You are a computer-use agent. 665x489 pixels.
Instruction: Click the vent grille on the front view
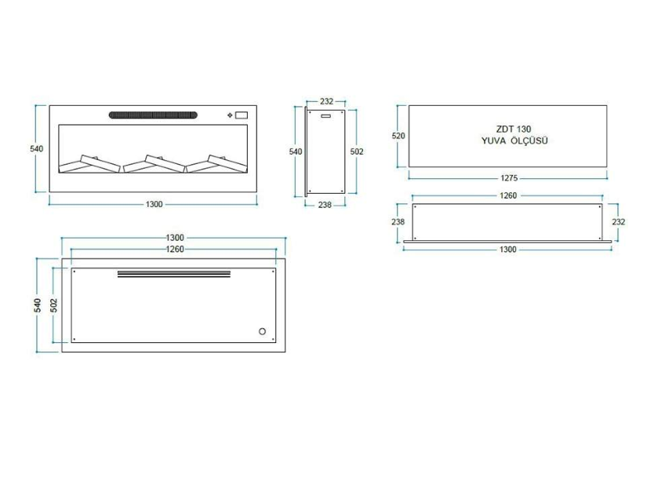coord(154,115)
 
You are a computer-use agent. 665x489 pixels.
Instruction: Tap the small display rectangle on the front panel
coord(241,115)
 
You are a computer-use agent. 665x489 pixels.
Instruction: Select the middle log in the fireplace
coord(154,163)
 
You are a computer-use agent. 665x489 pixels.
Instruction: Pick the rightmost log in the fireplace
coord(216,163)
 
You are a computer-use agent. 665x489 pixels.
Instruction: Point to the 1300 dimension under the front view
coord(154,205)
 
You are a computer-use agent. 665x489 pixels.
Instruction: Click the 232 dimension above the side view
coord(326,101)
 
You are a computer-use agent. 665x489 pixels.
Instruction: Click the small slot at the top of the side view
coord(325,116)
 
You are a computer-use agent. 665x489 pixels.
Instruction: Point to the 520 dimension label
coord(398,136)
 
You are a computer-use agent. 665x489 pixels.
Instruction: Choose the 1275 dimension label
coord(508,177)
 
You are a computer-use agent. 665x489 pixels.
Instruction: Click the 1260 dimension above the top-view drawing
coord(508,196)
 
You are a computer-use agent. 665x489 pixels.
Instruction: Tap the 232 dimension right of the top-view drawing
coord(619,222)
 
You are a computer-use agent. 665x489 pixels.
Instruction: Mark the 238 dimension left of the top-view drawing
coord(398,222)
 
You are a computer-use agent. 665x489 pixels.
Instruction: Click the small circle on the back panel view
coord(262,331)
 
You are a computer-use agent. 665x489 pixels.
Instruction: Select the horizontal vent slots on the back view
coord(174,274)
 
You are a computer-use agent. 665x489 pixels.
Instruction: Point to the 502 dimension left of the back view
coord(53,305)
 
